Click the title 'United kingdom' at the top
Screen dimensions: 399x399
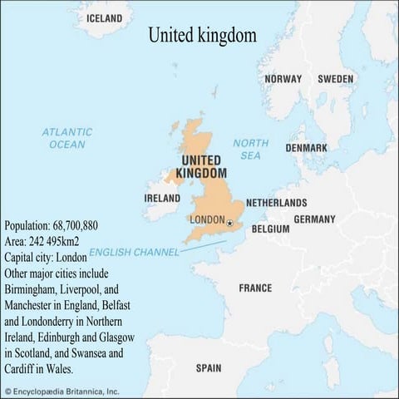[x=202, y=36]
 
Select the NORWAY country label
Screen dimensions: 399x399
[x=283, y=79]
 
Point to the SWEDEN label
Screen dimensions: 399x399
[x=336, y=79]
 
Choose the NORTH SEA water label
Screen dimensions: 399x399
[x=250, y=149]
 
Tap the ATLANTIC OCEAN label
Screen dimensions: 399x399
[x=66, y=138]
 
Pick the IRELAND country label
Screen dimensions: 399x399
[x=162, y=199]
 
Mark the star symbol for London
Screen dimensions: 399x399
[x=229, y=221]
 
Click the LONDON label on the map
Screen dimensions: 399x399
[x=207, y=220]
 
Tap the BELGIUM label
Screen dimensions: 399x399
[x=270, y=229]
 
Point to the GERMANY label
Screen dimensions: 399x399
[x=314, y=219]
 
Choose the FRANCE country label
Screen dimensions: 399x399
[x=255, y=288]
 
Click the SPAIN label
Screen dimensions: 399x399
[x=208, y=367]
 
